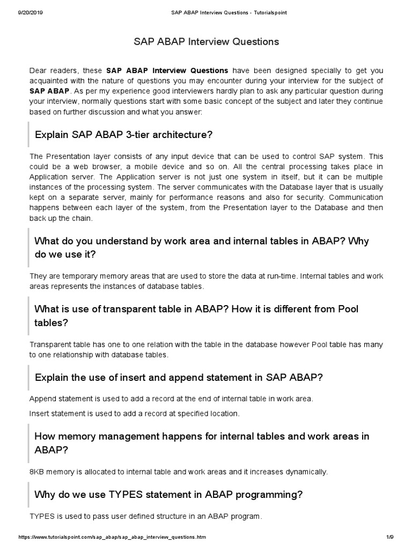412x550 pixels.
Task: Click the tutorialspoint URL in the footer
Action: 112,537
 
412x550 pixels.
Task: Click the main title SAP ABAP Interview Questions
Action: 206,41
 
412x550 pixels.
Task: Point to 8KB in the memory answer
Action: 38,472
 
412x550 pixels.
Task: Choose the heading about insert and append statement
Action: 178,377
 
